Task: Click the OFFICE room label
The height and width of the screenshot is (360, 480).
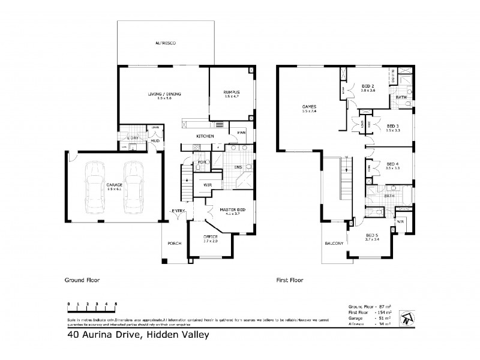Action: [x=210, y=238]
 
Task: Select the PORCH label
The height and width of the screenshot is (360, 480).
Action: [x=174, y=243]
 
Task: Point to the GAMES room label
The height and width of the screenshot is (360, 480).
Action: [x=310, y=107]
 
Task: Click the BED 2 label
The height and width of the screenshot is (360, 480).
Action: [x=368, y=86]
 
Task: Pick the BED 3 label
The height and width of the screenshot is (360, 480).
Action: [x=392, y=127]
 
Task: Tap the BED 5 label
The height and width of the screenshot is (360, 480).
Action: [x=372, y=235]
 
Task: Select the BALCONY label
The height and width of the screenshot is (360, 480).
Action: [x=334, y=243]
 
